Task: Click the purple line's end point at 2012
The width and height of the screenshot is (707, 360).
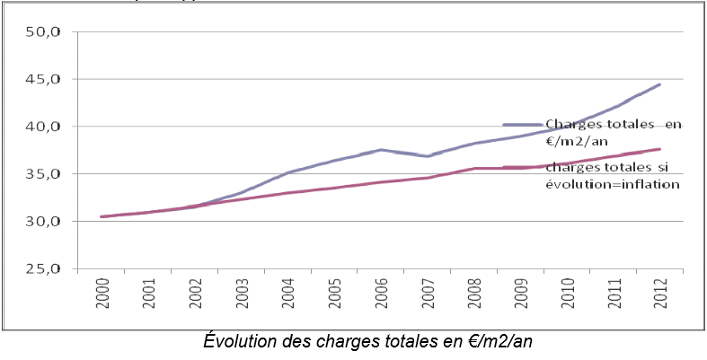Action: pyautogui.click(x=660, y=84)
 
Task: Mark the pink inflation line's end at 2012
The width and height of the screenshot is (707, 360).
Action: pyautogui.click(x=660, y=149)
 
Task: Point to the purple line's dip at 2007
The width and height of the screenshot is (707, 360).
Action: pyautogui.click(x=428, y=156)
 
